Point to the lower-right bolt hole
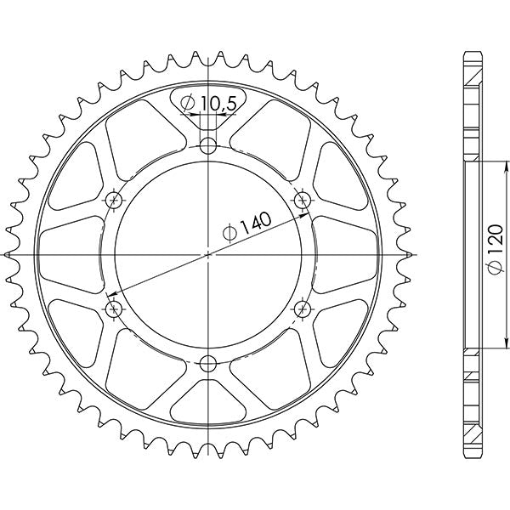coord(302,307)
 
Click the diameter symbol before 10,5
coord(189,104)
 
